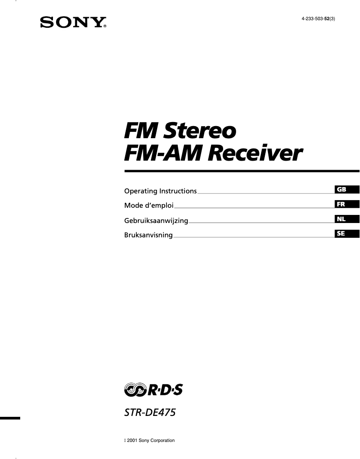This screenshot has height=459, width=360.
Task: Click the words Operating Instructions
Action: click(x=160, y=191)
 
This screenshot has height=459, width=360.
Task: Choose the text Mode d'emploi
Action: click(x=149, y=206)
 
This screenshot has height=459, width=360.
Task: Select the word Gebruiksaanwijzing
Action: click(x=156, y=221)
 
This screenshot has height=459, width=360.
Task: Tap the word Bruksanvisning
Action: click(x=148, y=235)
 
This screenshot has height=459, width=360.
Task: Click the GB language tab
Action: click(x=341, y=189)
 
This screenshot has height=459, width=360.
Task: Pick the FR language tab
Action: click(x=341, y=204)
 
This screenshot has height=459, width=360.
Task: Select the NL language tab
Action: click(x=341, y=219)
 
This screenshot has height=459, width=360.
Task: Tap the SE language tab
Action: click(x=341, y=233)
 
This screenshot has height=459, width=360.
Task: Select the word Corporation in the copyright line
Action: click(x=162, y=441)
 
